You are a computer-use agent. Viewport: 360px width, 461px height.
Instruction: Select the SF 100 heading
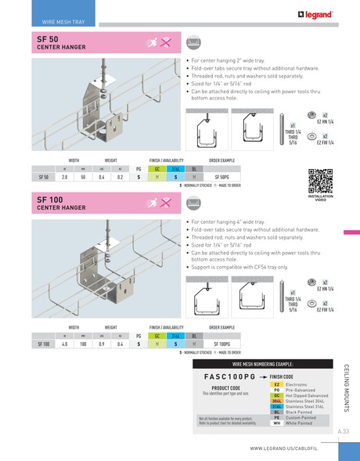coord(49,200)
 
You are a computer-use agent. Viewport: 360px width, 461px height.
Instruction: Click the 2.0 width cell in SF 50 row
coord(65,178)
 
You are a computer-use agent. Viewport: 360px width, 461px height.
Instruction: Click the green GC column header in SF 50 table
coord(157,169)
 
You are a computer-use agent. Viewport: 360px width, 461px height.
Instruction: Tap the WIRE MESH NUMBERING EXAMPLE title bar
coord(261,365)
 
